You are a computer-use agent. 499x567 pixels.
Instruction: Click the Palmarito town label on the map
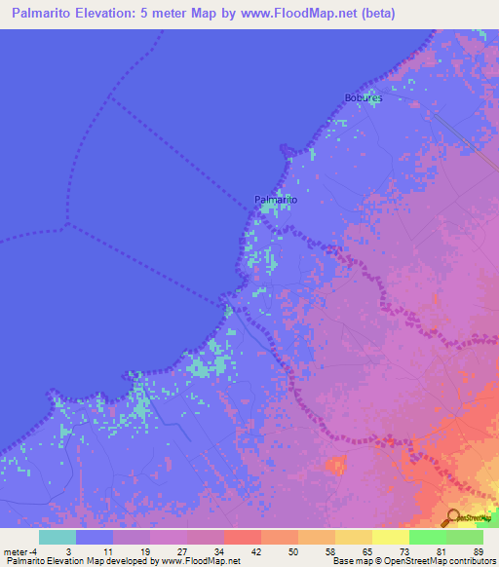point(276,200)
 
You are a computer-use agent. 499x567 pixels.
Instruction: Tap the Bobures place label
point(364,98)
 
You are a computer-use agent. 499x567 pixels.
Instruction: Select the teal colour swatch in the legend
point(57,537)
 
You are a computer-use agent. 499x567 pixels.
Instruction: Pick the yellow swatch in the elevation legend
point(390,537)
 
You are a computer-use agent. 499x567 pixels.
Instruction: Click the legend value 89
point(478,551)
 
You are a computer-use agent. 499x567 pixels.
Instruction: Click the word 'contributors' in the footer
point(471,561)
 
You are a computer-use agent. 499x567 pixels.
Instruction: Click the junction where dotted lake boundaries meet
point(67,225)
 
